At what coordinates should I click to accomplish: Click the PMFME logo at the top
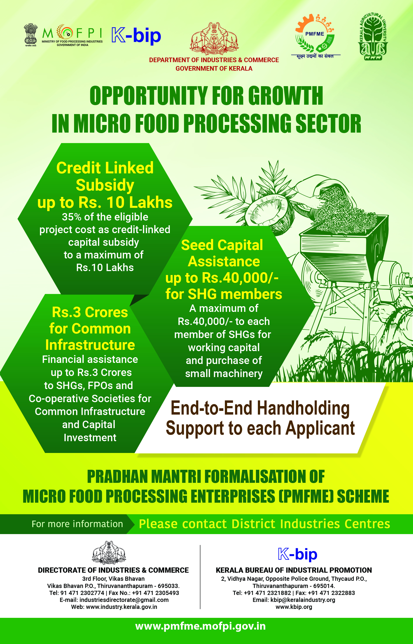pos(315,36)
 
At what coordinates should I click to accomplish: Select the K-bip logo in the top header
pos(136,36)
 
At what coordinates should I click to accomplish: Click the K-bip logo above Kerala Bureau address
pos(298,554)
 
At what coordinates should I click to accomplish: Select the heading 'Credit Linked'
pos(105,168)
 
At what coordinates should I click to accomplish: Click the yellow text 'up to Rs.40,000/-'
pos(222,278)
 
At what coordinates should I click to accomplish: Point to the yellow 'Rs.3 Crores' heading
pos(90,312)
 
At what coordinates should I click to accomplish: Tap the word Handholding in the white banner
pos(303,408)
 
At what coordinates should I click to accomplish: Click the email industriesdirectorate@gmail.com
pos(124,600)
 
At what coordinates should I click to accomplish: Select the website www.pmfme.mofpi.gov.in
pos(200,626)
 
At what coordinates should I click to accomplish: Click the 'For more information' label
pos(77,524)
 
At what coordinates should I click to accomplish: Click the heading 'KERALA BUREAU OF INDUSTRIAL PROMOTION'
pos(294,570)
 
